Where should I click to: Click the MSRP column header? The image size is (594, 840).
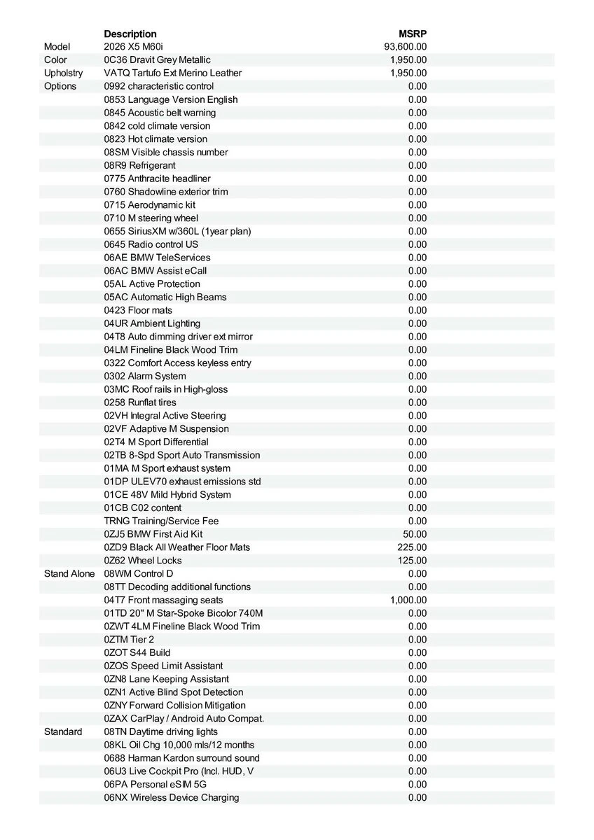pyautogui.click(x=413, y=34)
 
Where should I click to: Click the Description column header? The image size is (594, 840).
pyautogui.click(x=130, y=34)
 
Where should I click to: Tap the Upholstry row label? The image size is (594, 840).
pyautogui.click(x=63, y=73)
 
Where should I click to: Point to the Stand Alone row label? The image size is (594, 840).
pyautogui.click(x=69, y=573)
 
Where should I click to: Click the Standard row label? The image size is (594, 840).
pyautogui.click(x=63, y=731)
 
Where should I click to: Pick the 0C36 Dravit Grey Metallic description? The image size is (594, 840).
pyautogui.click(x=157, y=60)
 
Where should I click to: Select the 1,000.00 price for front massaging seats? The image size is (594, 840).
pyautogui.click(x=408, y=600)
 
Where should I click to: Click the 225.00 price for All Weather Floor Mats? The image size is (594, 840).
pyautogui.click(x=412, y=547)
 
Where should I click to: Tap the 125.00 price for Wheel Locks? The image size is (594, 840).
pyautogui.click(x=412, y=561)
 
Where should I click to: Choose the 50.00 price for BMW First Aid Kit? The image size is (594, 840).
pyautogui.click(x=415, y=534)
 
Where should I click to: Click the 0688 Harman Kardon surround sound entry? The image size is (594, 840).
pyautogui.click(x=181, y=758)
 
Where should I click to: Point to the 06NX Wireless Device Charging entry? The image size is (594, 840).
pyautogui.click(x=172, y=797)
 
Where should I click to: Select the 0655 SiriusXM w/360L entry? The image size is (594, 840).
pyautogui.click(x=177, y=231)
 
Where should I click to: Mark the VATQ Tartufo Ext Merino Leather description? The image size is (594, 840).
pyautogui.click(x=172, y=73)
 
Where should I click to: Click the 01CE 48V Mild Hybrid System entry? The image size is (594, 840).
pyautogui.click(x=167, y=495)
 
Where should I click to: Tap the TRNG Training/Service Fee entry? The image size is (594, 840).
pyautogui.click(x=162, y=521)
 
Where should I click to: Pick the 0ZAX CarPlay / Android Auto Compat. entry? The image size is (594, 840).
pyautogui.click(x=184, y=718)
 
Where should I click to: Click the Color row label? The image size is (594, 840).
pyautogui.click(x=56, y=60)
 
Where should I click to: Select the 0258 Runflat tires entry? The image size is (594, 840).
pyautogui.click(x=140, y=402)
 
